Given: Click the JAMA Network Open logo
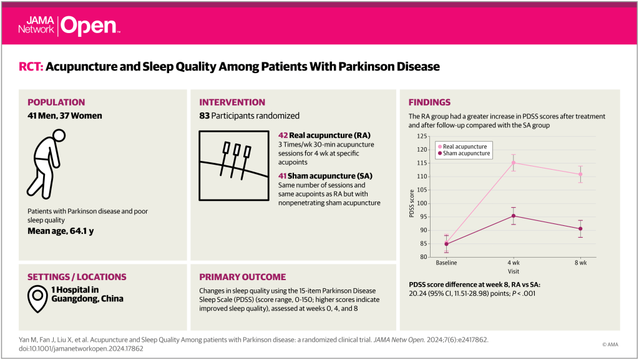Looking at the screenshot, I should click(69, 25).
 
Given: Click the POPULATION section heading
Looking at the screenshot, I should click(56, 102).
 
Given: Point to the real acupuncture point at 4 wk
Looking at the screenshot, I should click(514, 163).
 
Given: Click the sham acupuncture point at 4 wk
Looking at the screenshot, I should click(514, 216).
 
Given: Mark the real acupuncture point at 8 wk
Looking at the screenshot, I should click(580, 175).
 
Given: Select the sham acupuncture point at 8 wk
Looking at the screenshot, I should click(580, 229).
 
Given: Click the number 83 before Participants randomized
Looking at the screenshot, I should click(205, 115).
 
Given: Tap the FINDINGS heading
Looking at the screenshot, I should click(429, 102).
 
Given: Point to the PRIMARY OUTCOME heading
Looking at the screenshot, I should click(242, 277).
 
